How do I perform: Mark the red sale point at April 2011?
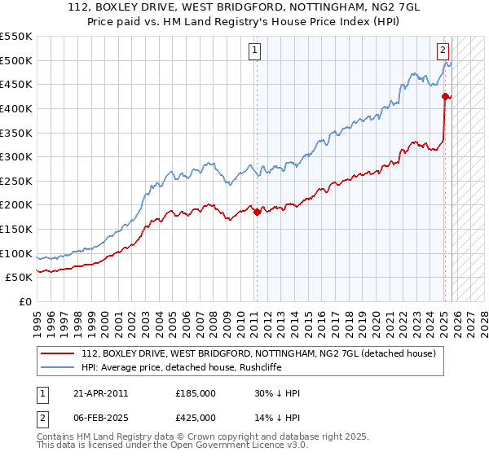click(257, 212)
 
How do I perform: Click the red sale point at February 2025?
click(445, 96)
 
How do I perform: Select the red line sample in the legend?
click(57, 353)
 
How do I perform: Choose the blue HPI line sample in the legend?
click(57, 367)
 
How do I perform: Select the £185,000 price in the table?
click(196, 393)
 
